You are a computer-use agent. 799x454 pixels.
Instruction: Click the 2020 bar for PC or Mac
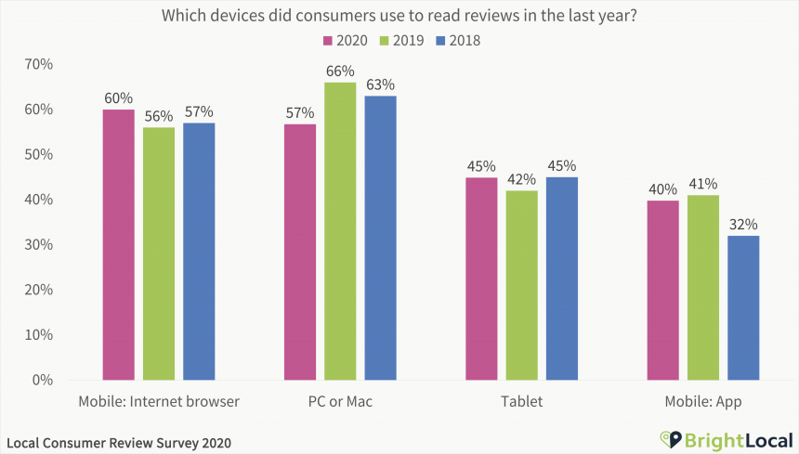tap(300, 252)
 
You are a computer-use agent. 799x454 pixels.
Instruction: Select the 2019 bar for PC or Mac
tap(340, 231)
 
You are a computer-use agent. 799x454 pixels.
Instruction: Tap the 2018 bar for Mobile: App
tap(743, 307)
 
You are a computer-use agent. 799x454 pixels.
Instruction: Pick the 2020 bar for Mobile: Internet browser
tap(119, 245)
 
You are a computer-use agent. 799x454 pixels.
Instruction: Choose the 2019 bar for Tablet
tap(522, 285)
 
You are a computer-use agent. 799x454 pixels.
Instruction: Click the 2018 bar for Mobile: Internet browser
tap(199, 252)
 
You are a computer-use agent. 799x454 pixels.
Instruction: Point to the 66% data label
tap(340, 71)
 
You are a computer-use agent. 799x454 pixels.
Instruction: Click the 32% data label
tap(743, 225)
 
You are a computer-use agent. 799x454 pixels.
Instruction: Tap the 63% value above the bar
tap(380, 85)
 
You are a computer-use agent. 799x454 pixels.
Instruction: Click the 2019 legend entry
tap(400, 40)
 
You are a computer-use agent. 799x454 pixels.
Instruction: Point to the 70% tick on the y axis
tap(39, 64)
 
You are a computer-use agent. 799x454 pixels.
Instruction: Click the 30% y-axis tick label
tap(39, 245)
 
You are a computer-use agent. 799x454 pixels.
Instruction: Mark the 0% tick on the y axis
tap(43, 380)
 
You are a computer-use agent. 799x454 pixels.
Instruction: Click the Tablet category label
tap(521, 402)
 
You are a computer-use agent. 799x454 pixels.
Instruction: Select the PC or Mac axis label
tap(340, 402)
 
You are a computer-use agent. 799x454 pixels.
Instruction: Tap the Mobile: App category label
tap(703, 402)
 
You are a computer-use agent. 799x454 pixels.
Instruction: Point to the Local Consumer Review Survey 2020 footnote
tap(119, 442)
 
